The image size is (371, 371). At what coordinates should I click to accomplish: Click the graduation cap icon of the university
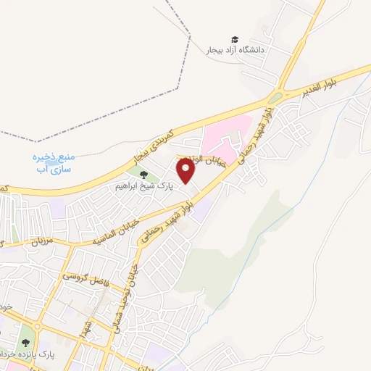point(234,40)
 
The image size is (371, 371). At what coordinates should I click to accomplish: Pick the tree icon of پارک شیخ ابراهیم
point(143,175)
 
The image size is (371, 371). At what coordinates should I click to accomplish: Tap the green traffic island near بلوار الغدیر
point(275,98)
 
